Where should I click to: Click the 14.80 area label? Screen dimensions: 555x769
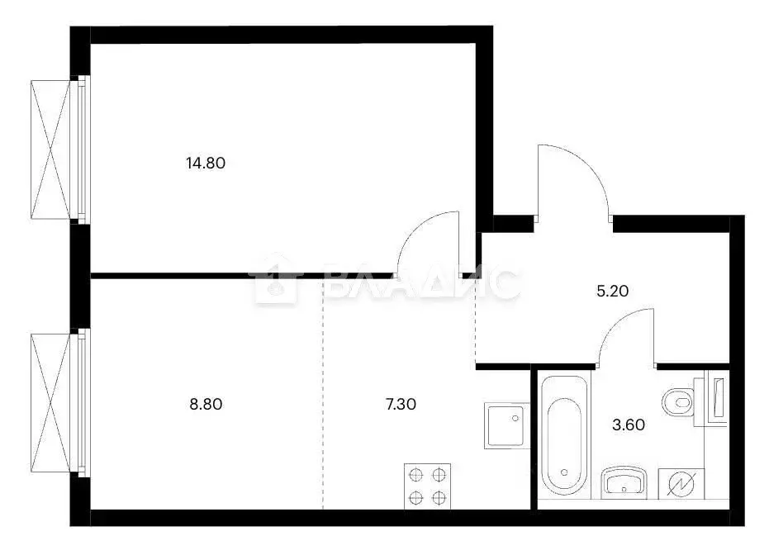[206, 163]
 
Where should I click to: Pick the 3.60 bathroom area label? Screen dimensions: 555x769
[628, 425]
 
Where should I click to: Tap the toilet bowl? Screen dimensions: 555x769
[677, 402]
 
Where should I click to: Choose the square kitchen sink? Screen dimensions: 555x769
[505, 425]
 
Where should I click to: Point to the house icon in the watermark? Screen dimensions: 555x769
[277, 280]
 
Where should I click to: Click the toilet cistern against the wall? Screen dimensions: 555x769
[714, 401]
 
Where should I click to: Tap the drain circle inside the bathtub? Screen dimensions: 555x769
[564, 472]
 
